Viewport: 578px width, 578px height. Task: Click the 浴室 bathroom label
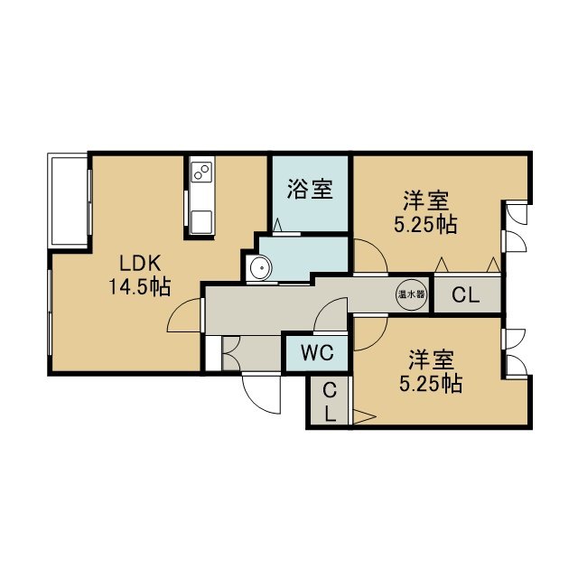click(310, 190)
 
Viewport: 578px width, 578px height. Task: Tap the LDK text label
click(140, 264)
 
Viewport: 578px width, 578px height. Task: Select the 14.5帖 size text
click(140, 287)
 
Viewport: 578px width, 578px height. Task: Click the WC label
click(317, 353)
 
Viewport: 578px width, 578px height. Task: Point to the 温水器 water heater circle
click(412, 294)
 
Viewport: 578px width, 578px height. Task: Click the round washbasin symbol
click(260, 267)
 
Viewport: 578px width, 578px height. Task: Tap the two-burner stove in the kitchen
click(201, 172)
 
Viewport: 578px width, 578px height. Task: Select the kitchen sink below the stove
click(201, 222)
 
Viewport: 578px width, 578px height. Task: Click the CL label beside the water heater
click(466, 294)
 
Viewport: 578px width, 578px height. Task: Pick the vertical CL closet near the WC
click(330, 402)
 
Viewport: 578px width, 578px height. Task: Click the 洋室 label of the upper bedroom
click(425, 200)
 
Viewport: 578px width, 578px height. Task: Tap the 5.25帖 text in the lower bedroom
click(431, 384)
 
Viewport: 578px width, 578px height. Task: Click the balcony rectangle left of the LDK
click(70, 200)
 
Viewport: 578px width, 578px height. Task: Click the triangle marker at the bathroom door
click(278, 225)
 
